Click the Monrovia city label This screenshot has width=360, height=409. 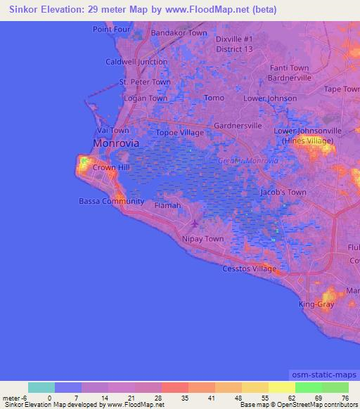116,143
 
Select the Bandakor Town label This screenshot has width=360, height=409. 179,33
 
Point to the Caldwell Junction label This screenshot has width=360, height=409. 136,62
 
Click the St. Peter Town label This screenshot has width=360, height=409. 145,82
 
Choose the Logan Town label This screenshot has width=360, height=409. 146,98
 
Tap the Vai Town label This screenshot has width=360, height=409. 112,131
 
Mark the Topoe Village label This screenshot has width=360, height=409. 179,132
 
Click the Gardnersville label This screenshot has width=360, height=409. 238,125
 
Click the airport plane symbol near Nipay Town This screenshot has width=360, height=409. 195,224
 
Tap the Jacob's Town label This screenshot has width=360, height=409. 283,192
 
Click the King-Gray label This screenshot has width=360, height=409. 315,305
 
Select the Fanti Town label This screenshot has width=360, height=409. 289,67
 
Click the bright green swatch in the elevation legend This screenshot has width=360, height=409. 308,387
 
